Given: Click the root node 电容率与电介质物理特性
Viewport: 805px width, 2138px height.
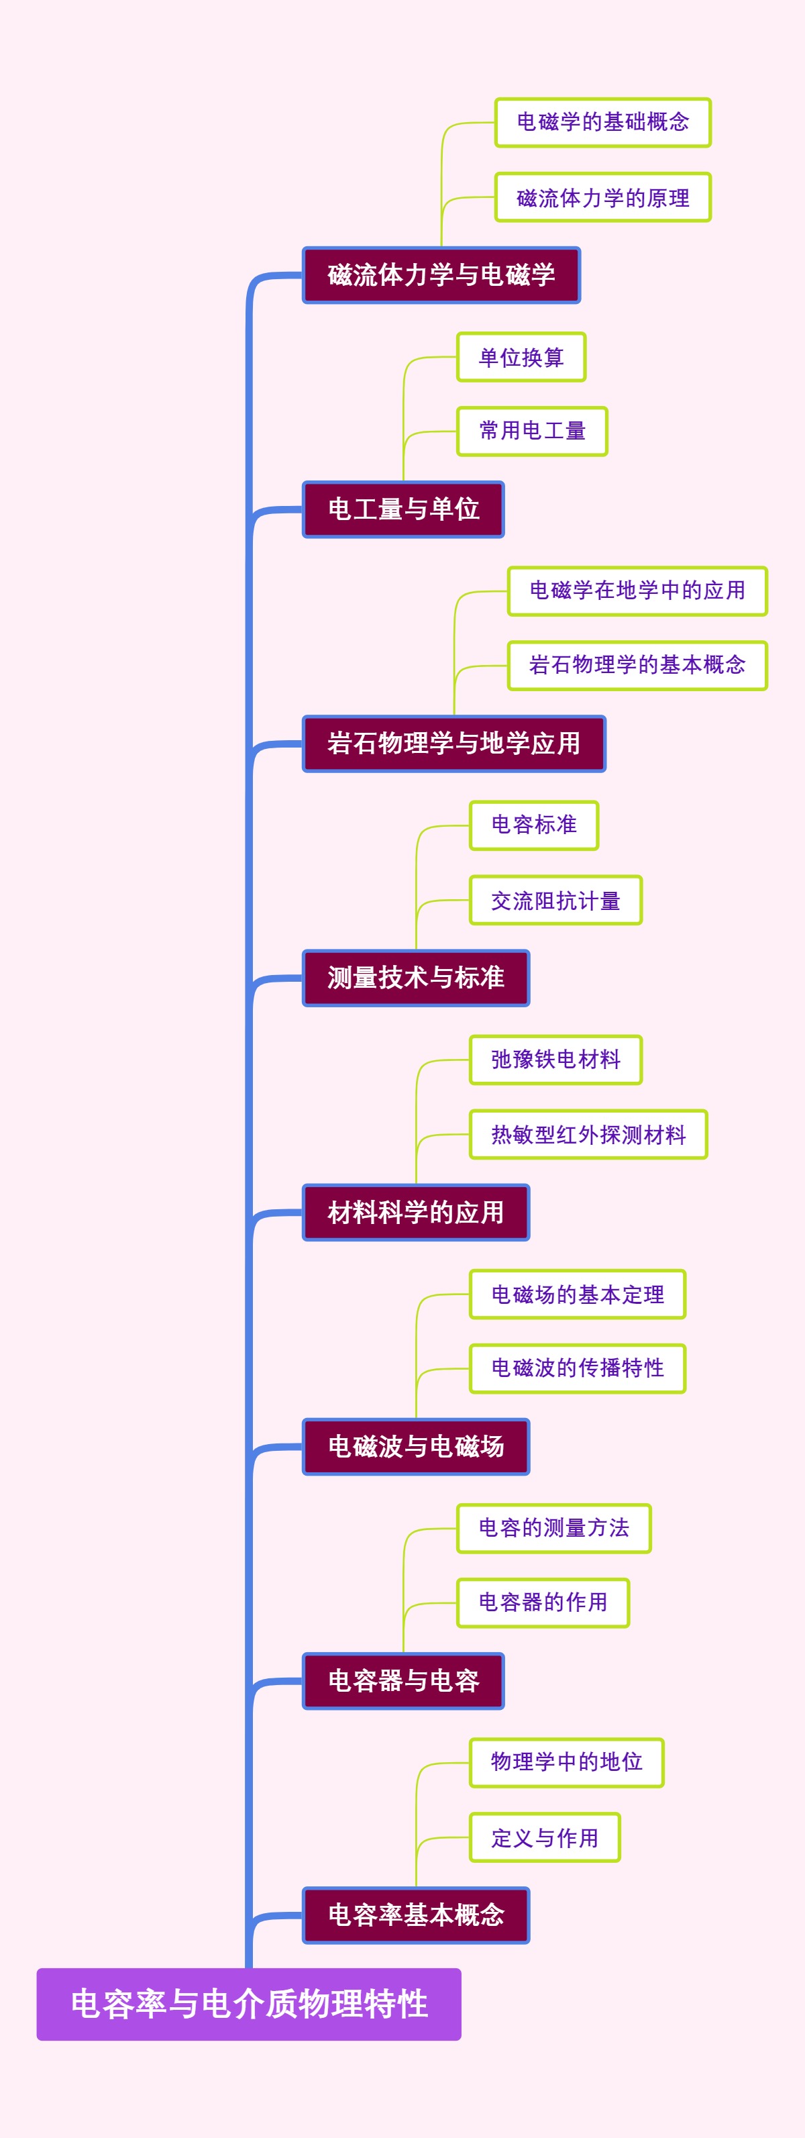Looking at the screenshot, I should coord(249,2004).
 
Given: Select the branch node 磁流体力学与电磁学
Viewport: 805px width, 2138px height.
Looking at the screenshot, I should coord(441,274).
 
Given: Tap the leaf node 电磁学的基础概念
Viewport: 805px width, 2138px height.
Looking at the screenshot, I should coord(602,123).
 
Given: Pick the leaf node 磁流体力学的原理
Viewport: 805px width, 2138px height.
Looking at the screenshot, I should coord(602,197).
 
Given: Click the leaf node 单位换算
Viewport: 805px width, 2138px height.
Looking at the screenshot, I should coord(521,357).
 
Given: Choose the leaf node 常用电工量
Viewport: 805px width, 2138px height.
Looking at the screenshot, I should coord(532,431).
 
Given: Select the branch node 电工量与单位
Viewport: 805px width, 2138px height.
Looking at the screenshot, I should coord(403,509).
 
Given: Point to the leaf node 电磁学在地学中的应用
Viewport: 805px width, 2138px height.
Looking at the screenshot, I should coord(637,591).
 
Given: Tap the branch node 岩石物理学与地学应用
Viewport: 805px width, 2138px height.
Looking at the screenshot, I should coord(454,743).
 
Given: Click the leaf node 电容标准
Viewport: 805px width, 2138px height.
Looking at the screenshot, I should coord(533,825).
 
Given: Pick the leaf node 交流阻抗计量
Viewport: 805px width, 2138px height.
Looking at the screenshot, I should coord(555,900).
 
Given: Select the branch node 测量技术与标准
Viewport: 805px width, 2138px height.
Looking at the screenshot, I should coord(416,978).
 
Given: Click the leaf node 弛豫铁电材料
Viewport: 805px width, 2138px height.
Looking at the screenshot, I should coord(555,1059).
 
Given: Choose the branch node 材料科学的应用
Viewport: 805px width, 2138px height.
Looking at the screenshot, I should coord(416,1212).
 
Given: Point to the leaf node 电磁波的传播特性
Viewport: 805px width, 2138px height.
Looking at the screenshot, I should coord(578,1368).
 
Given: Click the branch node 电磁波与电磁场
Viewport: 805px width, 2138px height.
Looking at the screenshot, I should coord(416,1446).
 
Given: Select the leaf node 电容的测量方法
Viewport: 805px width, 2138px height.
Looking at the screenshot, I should coord(553,1528).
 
